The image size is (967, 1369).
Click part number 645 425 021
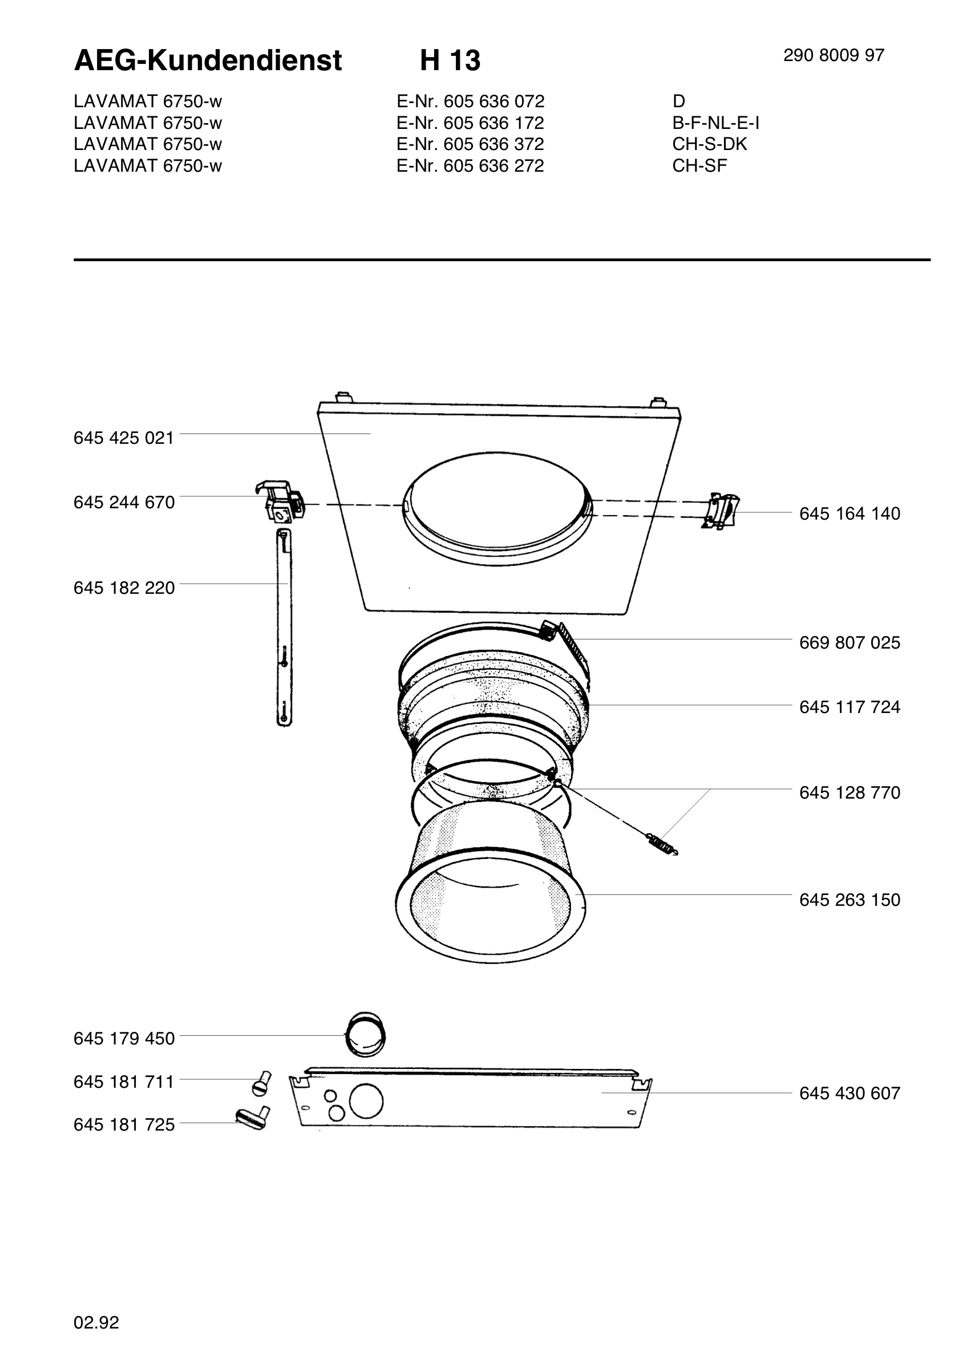point(123,438)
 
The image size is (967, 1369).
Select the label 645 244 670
point(124,503)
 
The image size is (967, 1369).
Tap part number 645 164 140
point(849,513)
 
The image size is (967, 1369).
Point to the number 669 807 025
point(849,642)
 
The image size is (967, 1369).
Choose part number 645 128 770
point(849,792)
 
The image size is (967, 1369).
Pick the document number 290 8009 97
point(834,55)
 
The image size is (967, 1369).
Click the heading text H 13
point(450,60)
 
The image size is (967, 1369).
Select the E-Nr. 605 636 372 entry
point(471,144)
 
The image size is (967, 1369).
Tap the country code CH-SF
point(699,166)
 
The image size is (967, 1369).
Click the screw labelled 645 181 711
point(261,1083)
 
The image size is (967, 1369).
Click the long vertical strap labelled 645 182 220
point(284,627)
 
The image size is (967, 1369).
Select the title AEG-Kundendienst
point(208,60)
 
